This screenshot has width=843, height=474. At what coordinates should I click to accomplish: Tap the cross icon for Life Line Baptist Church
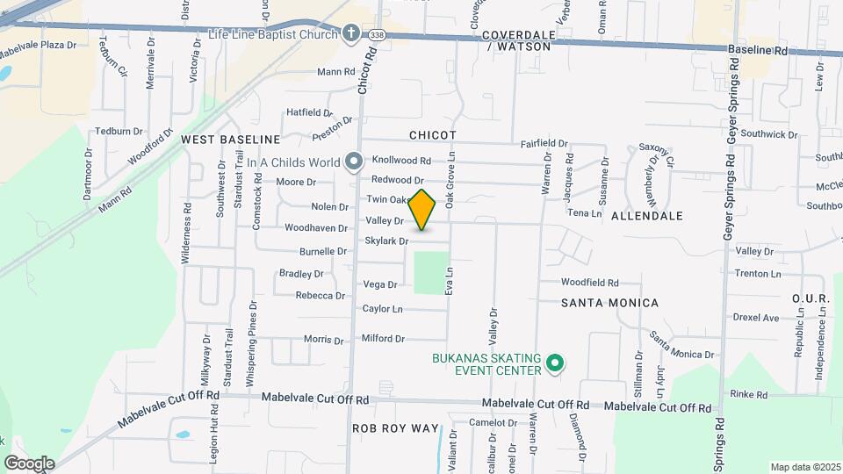(x=351, y=34)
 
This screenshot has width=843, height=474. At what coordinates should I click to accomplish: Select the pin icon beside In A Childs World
(x=353, y=162)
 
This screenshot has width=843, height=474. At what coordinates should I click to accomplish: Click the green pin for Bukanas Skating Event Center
(x=554, y=363)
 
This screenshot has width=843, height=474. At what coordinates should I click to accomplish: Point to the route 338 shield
(x=377, y=32)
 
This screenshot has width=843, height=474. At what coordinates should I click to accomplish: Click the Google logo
(x=29, y=463)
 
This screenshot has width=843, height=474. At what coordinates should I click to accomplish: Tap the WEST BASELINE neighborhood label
(x=230, y=140)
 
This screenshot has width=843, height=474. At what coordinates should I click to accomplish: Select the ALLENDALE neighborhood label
(x=645, y=215)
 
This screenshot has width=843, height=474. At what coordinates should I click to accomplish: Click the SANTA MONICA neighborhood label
(x=609, y=303)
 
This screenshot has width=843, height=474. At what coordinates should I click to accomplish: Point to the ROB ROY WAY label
(x=395, y=428)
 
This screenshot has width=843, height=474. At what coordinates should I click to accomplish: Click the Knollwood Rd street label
(x=401, y=161)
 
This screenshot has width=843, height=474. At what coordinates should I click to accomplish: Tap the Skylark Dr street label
(x=386, y=241)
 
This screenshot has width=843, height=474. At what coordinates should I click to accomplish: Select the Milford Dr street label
(x=383, y=338)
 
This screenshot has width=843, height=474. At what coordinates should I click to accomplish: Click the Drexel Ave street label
(x=756, y=318)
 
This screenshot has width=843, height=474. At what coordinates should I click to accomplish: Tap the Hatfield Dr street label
(x=310, y=112)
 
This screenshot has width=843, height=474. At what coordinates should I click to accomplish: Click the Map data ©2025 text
(x=803, y=467)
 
